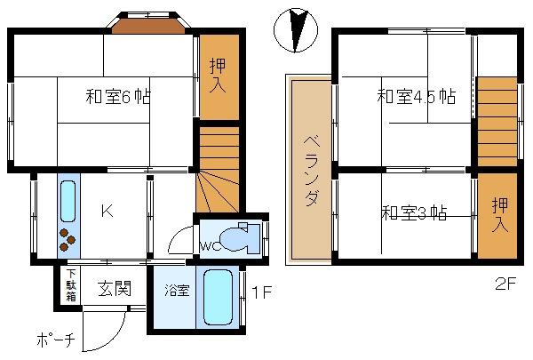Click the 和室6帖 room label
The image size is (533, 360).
[117, 96]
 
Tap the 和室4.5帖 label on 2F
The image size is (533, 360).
[416, 96]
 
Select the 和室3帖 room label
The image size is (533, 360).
[414, 213]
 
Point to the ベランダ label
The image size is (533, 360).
[312, 171]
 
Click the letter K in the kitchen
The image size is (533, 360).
[107, 212]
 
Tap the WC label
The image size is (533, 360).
[211, 246]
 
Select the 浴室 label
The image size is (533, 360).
[177, 291]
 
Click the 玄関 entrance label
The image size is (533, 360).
[115, 289]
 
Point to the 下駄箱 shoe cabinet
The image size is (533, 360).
[71, 285]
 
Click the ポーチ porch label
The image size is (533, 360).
[56, 340]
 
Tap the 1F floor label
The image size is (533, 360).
[262, 292]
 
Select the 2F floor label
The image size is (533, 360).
[505, 284]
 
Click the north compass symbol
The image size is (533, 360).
[296, 30]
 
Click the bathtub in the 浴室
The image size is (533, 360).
[218, 298]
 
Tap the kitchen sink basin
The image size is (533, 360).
[68, 202]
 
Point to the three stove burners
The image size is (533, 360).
[67, 239]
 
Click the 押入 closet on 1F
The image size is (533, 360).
[219, 76]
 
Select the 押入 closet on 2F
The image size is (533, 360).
[497, 216]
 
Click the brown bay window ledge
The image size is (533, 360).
[148, 27]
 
